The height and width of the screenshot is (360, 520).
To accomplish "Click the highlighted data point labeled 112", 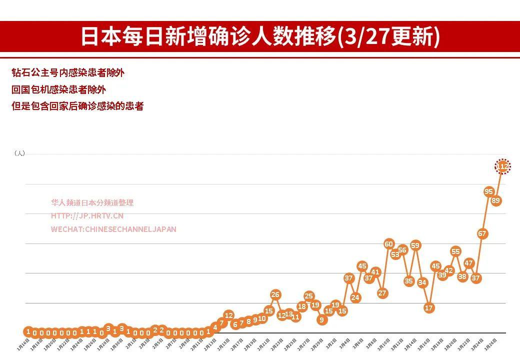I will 503,166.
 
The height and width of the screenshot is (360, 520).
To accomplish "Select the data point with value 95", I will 489,191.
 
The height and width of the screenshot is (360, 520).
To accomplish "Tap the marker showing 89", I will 496,200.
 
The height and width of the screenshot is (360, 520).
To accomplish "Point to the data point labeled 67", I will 482,233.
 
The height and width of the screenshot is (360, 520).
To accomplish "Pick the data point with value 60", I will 389,244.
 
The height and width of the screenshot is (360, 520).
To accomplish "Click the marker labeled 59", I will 415,245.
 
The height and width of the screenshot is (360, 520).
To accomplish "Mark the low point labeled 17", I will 428,308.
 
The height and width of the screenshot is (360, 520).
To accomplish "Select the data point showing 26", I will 275,294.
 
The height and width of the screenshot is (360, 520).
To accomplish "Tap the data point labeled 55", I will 455,251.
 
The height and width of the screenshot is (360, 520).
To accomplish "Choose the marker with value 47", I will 468,263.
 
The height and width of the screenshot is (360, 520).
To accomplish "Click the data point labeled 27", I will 382,293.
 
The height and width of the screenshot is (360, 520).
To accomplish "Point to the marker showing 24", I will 355,297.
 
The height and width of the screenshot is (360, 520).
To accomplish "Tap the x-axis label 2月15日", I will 224,345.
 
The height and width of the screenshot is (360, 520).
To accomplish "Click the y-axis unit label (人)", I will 19,153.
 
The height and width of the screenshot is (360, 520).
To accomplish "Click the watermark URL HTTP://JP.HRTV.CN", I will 87,216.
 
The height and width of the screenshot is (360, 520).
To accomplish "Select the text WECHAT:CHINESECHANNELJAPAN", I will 113,229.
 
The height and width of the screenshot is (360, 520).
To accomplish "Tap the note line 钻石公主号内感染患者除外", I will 68,73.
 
